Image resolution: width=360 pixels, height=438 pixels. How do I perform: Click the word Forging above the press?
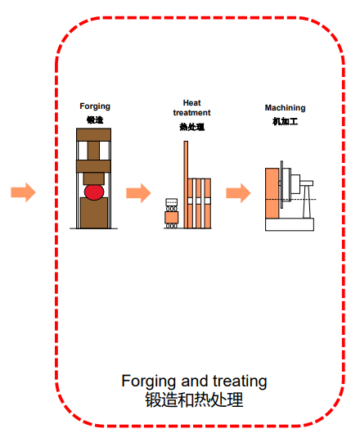click(x=95, y=106)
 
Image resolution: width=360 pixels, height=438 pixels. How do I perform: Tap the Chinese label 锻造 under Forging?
click(x=95, y=120)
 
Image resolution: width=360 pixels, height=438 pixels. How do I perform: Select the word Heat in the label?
click(x=191, y=103)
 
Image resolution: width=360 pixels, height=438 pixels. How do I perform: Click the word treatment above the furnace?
click(x=191, y=113)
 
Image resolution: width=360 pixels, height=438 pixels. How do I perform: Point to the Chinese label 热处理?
click(x=192, y=127)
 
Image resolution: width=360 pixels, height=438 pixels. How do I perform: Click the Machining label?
click(x=285, y=108)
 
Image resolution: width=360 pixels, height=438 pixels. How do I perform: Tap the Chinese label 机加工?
click(x=285, y=121)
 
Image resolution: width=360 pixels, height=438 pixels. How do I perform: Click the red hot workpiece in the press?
click(x=94, y=192)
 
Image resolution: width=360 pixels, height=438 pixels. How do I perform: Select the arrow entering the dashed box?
click(x=23, y=192)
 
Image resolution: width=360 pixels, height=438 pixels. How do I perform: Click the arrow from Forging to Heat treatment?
click(x=138, y=193)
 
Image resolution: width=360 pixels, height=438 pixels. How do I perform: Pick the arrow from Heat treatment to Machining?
click(x=238, y=193)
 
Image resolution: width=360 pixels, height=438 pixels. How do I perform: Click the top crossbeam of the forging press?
click(x=94, y=134)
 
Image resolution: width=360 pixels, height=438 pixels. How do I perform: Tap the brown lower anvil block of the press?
click(x=94, y=213)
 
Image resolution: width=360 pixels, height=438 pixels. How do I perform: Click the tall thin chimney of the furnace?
click(x=186, y=184)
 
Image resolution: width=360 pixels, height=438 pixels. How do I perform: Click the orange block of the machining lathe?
click(x=272, y=193)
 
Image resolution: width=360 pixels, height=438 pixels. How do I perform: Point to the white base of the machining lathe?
click(x=290, y=224)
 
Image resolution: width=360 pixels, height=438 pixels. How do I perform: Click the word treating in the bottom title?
click(x=240, y=382)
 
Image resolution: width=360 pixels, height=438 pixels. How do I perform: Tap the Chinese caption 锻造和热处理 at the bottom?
click(x=194, y=400)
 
